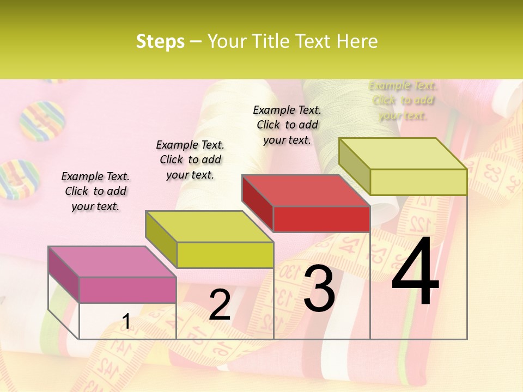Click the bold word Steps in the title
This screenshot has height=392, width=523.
tap(160, 41)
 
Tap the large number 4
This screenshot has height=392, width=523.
tap(415, 272)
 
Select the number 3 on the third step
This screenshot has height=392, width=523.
tap(319, 289)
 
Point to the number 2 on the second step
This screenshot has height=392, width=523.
tap(220, 305)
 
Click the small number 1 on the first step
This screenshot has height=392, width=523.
tap(126, 322)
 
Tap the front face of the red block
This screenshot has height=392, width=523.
tap(321, 219)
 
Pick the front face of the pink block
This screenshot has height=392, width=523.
tap(127, 290)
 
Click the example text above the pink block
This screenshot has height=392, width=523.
tap(95, 191)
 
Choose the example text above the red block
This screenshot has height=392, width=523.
tap(287, 125)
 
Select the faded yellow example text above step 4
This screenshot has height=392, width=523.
tap(403, 100)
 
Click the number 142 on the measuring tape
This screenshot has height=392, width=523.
tap(107, 370)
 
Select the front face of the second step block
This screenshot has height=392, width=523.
tap(225, 255)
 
